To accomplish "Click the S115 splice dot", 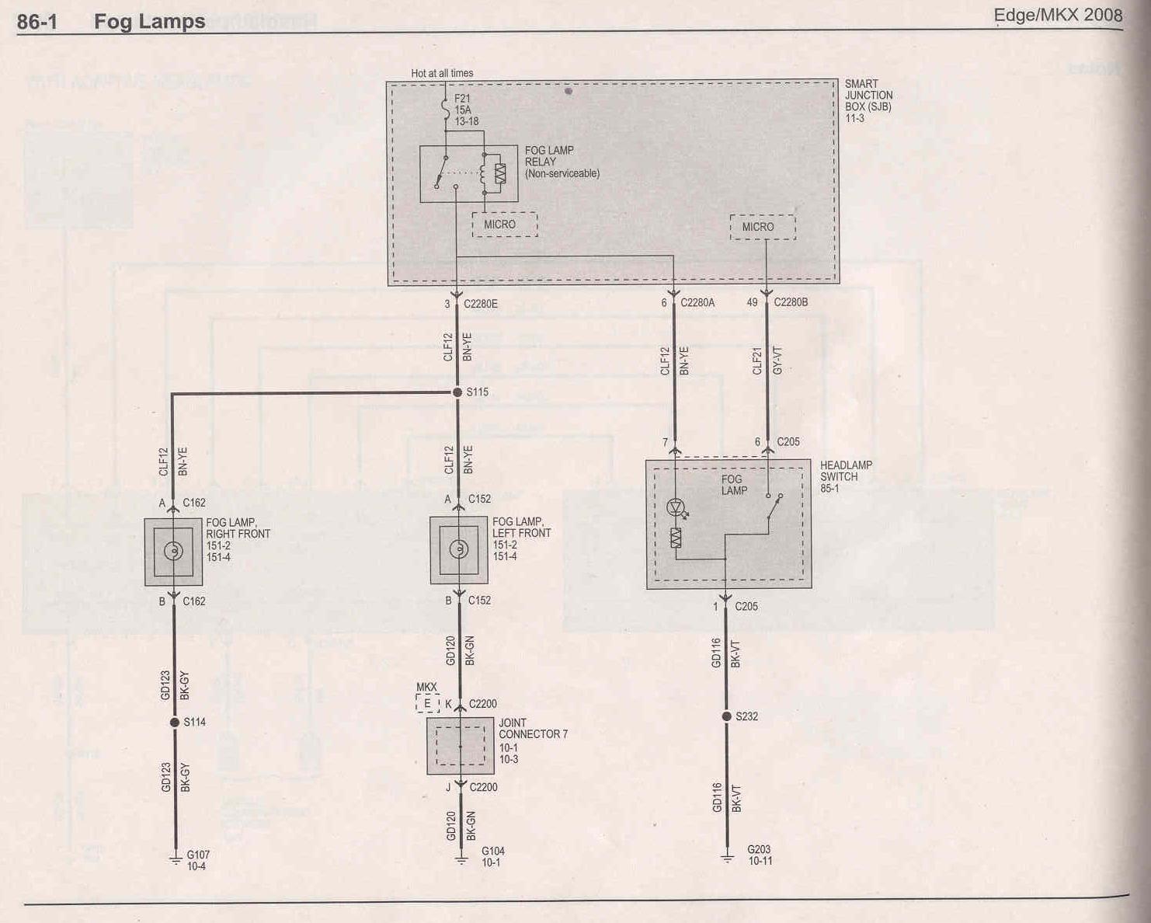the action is tap(457, 392).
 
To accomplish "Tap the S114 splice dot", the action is tap(175, 723).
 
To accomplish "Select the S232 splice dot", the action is tap(726, 716).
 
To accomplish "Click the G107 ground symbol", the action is tap(176, 860).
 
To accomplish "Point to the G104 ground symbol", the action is tap(461, 859).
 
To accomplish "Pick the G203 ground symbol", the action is tap(727, 858).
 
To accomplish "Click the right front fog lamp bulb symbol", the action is tap(173, 551).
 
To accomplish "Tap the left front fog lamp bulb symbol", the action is tap(459, 549).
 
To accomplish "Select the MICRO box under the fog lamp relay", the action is tap(505, 225).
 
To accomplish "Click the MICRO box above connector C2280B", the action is tap(763, 227).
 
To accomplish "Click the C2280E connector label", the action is tap(480, 304).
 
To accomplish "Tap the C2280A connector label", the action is tap(697, 303).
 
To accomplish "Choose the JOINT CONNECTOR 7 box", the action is tap(460, 746).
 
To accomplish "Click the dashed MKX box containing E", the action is tap(427, 704).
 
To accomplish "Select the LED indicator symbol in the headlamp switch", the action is tap(676, 507).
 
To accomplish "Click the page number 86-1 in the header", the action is tap(37, 23).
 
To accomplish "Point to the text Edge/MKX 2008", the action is tap(1058, 16).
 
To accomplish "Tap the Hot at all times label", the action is tap(442, 73).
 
